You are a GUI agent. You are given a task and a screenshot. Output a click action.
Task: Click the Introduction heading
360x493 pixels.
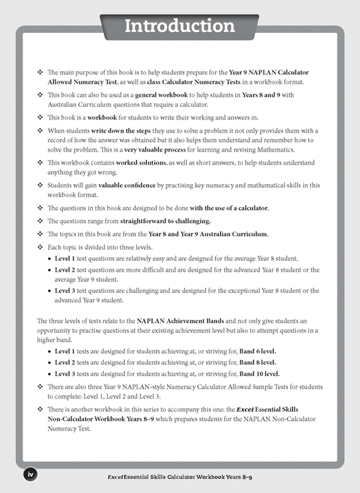pos(179,25)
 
